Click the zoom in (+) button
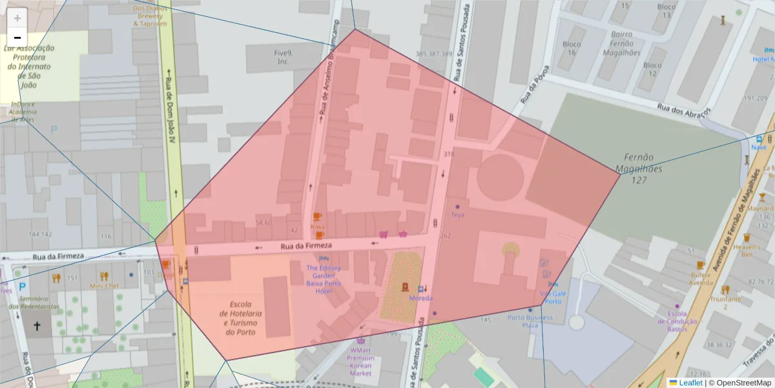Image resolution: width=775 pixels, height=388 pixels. coord(17,18)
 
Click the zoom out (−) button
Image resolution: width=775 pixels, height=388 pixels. coord(17,38)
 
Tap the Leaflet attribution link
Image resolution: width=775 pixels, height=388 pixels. coord(690,383)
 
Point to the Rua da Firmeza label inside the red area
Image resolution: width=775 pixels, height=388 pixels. coord(306,246)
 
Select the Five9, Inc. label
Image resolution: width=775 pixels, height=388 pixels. coord(283,58)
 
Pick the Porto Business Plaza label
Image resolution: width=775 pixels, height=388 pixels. coord(530,321)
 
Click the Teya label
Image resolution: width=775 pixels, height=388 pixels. coord(457,215)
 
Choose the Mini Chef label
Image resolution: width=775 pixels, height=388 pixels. coord(104,286)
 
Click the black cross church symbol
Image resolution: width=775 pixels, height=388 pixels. coord(37,327)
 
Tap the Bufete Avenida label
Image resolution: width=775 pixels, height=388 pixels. coord(701,278)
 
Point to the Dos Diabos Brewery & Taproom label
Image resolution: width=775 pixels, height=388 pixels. coord(150,16)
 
